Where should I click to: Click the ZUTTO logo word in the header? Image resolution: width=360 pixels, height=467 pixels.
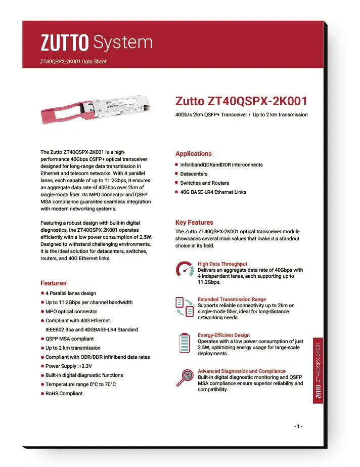[65, 43]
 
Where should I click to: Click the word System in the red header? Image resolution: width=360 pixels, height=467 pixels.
[123, 43]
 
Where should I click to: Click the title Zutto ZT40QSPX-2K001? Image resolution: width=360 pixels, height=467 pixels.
[241, 101]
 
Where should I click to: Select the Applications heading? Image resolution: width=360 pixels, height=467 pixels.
[193, 154]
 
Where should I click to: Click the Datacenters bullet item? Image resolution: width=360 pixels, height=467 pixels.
[194, 174]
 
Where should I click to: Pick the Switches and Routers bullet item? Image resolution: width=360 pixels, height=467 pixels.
[204, 183]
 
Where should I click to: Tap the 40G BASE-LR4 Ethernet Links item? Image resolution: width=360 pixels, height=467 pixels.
[213, 192]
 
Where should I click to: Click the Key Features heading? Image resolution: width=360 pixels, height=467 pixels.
[194, 223]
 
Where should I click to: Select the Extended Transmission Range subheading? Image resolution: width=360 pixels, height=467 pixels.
[232, 300]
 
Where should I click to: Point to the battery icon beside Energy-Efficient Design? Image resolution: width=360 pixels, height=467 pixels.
[185, 343]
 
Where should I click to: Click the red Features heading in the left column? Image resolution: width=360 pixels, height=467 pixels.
[53, 283]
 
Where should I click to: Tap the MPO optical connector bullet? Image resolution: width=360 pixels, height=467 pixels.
[71, 312]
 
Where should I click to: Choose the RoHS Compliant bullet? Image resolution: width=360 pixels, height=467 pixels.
[64, 394]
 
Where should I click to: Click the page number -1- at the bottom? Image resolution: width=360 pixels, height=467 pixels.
[298, 427]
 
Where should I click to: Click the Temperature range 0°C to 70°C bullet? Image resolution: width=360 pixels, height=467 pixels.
[80, 385]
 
